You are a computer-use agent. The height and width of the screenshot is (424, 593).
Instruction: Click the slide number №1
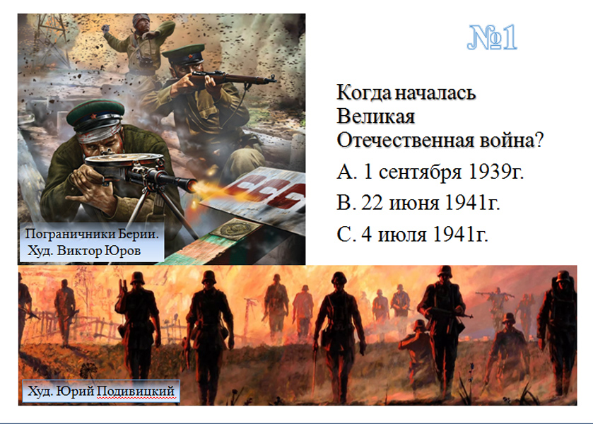click(x=492, y=37)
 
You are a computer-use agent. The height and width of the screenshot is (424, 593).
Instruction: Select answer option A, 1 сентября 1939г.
click(x=430, y=172)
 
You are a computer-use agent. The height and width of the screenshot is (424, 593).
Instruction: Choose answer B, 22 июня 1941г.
click(x=418, y=203)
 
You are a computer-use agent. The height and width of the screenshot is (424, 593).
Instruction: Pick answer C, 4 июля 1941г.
click(x=412, y=234)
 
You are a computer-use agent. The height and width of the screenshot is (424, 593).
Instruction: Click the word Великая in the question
click(x=375, y=116)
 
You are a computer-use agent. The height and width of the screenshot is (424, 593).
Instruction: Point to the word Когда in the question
click(x=363, y=93)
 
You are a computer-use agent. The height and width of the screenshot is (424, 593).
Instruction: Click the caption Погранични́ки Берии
click(x=92, y=234)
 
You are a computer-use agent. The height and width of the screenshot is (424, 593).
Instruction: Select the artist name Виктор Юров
click(x=99, y=250)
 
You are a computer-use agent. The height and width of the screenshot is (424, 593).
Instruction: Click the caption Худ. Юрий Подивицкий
click(x=101, y=391)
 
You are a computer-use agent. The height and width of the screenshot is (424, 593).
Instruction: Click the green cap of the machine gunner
click(x=96, y=114)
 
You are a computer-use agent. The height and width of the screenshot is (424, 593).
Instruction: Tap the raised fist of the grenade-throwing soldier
click(x=106, y=28)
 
